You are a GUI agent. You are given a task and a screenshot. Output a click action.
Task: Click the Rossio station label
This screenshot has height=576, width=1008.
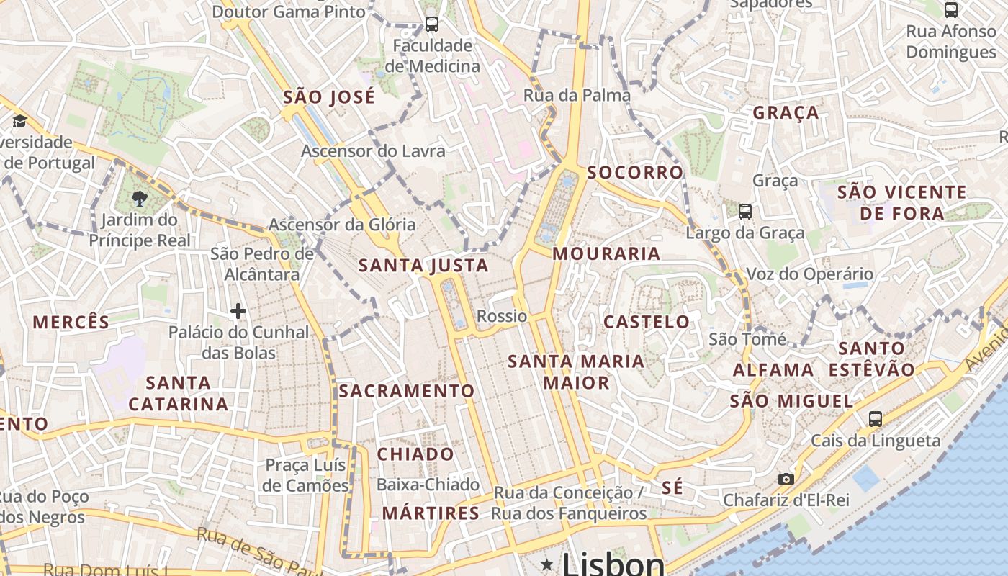point(502,316)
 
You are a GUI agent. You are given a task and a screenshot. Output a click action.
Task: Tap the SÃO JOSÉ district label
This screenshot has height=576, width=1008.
point(329,97)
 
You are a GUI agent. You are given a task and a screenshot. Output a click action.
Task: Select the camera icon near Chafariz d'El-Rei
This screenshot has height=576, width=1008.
point(786,479)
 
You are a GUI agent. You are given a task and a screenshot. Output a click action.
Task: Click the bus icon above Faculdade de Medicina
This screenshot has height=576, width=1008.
point(432,24)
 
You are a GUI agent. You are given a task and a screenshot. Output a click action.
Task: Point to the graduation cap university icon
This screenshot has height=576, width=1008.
point(19,120)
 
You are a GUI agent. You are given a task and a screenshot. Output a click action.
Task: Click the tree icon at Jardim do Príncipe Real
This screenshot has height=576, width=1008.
point(140,198)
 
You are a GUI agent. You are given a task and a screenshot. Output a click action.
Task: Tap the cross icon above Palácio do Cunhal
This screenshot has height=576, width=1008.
point(238,311)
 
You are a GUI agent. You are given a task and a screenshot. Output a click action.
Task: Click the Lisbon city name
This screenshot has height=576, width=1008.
point(613,563)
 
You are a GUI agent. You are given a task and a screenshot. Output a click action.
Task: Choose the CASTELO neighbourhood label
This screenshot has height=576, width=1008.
point(647,322)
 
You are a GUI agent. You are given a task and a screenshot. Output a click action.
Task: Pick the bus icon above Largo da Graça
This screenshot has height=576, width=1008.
point(745,212)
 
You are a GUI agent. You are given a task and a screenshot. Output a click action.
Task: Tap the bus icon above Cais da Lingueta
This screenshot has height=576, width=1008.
point(876,418)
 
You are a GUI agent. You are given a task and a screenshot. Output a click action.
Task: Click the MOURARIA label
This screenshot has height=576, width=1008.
point(606,253)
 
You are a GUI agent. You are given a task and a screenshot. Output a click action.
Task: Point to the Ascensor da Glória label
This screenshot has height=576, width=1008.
point(342,225)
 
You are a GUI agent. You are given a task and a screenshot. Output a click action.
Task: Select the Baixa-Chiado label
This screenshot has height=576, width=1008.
point(428,485)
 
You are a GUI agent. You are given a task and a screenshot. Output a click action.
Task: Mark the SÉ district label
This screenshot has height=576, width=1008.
point(672,487)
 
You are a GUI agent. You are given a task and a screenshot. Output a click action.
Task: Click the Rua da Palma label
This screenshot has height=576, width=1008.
point(577,95)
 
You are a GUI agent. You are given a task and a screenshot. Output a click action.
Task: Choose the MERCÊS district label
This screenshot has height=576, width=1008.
point(71,322)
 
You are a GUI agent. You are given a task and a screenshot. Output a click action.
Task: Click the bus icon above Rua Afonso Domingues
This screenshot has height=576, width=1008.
point(951,9)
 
